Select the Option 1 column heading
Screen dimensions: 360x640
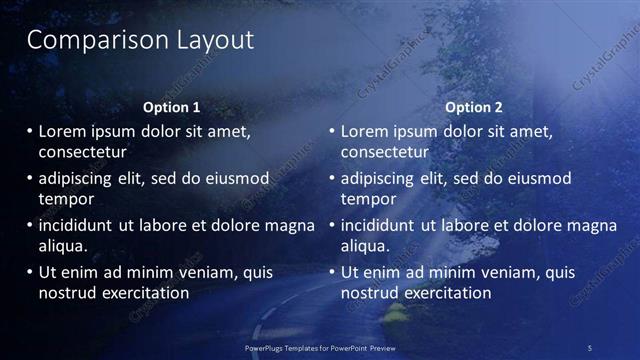[x=171, y=107]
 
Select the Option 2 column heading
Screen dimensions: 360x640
[x=473, y=107]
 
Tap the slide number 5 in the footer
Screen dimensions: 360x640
[x=589, y=347]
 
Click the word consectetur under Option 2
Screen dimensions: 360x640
[x=385, y=152]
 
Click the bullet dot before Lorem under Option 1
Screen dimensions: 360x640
[x=29, y=131]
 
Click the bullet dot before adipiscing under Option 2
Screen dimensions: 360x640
[x=332, y=178]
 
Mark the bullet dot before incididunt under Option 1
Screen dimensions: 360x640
[x=29, y=225]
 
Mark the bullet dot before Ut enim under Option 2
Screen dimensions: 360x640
[x=332, y=272]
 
